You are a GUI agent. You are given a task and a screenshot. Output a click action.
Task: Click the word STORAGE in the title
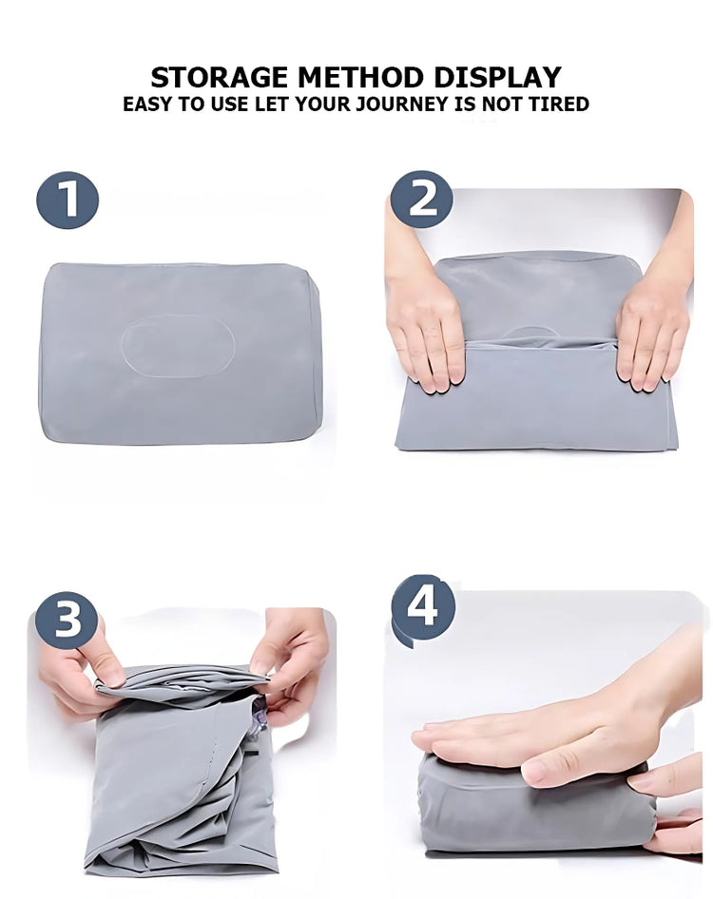(219, 77)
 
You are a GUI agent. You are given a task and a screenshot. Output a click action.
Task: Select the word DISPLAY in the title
(497, 77)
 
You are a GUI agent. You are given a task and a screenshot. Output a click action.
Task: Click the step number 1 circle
(67, 201)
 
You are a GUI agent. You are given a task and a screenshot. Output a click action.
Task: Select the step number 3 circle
(67, 620)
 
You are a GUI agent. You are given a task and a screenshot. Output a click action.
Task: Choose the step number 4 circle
(423, 606)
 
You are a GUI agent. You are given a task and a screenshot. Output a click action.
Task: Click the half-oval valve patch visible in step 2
(530, 334)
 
